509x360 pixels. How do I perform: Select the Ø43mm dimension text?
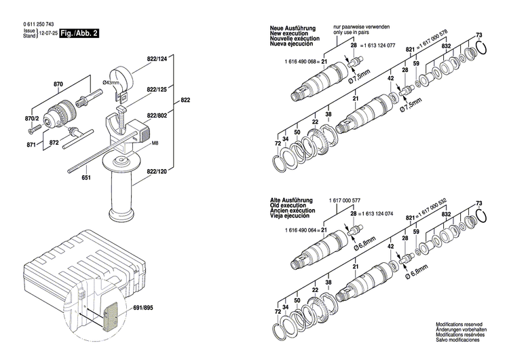(x=111, y=83)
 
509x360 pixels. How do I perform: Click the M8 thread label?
(x=155, y=143)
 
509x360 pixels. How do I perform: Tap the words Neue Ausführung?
(x=291, y=27)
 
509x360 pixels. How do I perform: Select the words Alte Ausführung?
(x=291, y=200)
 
